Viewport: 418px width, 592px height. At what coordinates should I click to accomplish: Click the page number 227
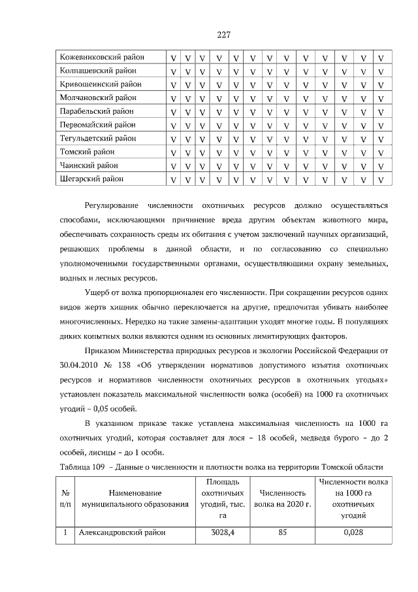tap(222, 34)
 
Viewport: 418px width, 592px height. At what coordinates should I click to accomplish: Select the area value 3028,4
tap(222, 532)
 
